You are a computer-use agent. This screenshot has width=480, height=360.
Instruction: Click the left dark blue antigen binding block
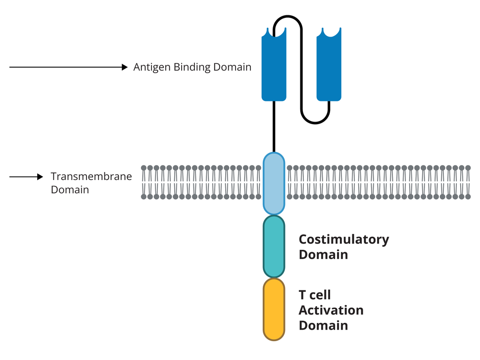[274, 67]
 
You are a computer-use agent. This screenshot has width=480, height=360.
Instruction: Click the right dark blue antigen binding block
[329, 67]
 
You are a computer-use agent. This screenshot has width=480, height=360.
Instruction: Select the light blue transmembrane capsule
[274, 183]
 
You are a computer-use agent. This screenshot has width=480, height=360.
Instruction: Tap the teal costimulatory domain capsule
[274, 246]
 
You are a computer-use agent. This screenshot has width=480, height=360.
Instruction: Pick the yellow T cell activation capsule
[274, 310]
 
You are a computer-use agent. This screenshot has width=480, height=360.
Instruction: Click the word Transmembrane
[92, 177]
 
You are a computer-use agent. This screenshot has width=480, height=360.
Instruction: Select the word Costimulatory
[343, 239]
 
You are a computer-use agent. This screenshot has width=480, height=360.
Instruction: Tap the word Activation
[331, 310]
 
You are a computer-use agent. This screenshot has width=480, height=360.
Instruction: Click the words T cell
[314, 295]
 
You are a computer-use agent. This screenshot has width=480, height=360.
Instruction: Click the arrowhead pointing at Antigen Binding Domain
[125, 67]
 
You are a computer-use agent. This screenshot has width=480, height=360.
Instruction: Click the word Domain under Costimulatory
[323, 255]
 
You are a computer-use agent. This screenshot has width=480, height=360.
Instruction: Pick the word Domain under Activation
[323, 325]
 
